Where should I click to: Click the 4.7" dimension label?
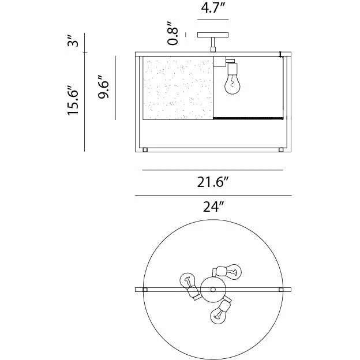point(212,8)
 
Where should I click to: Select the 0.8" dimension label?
point(172,33)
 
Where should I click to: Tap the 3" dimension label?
point(73,41)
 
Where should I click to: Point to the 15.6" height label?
point(73,100)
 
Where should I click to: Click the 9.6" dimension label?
point(103,87)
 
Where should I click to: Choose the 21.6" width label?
point(213,182)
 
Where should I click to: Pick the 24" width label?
point(213,207)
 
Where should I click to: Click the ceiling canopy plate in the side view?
point(213,35)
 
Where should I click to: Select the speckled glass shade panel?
point(178,88)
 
